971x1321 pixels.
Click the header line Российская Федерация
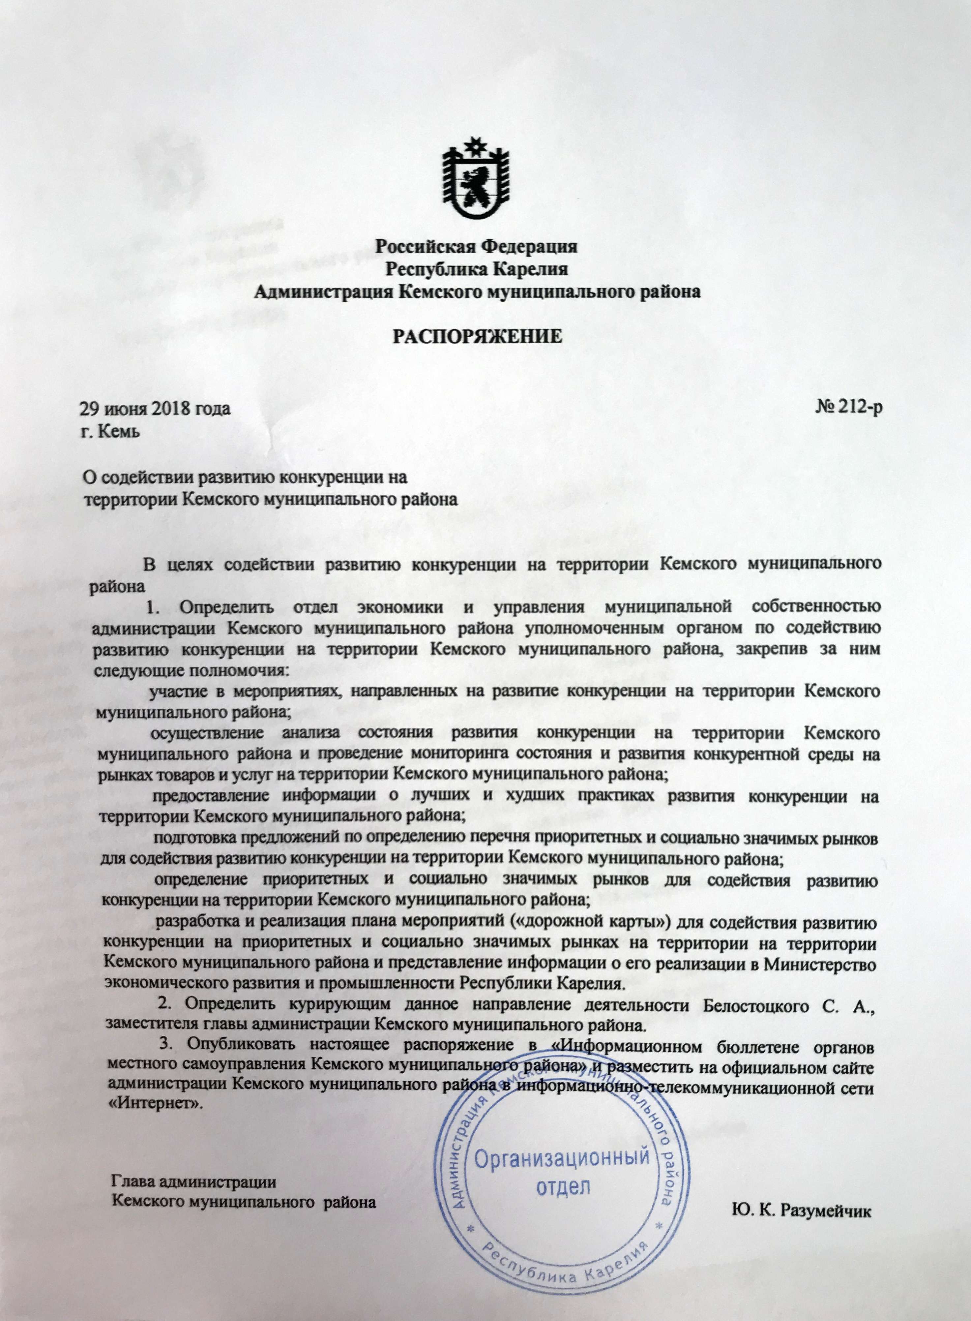477,246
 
